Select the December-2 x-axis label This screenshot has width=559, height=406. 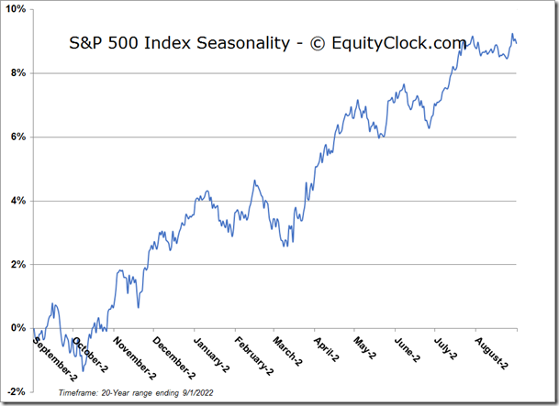(174, 355)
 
